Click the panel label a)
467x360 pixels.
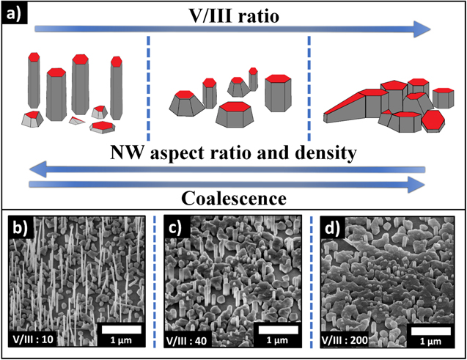15,14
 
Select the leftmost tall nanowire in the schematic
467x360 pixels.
34,81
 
